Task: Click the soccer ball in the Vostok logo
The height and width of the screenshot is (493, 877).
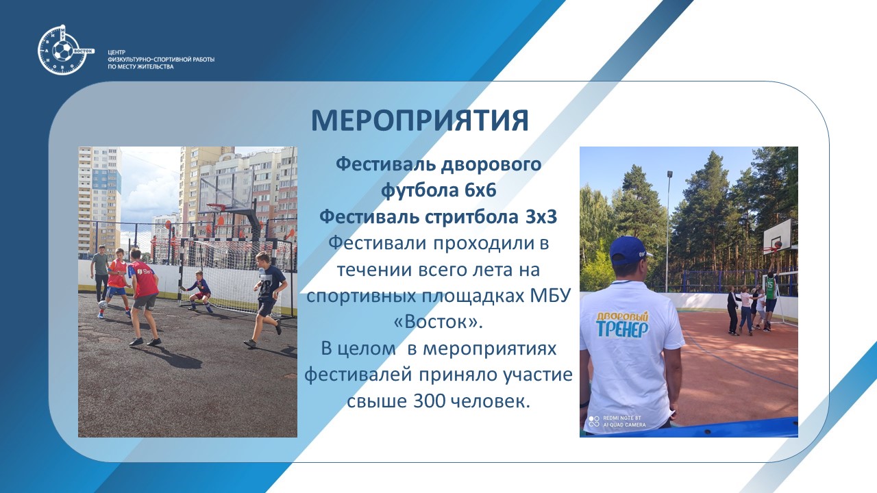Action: point(62,51)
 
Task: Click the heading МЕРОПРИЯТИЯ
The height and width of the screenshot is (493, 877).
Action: point(420,121)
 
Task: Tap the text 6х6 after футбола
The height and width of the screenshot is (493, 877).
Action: point(480,190)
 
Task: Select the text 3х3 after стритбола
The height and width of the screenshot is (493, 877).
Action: point(541,217)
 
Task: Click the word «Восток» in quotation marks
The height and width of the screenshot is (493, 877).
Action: point(438,322)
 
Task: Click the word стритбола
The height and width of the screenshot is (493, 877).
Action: point(472,217)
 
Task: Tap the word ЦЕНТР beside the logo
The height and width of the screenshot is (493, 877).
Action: point(116,53)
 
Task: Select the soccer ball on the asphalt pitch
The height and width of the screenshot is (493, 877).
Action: point(103,305)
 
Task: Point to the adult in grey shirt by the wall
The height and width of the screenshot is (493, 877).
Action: point(100,273)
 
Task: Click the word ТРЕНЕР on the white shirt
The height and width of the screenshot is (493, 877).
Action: point(622,330)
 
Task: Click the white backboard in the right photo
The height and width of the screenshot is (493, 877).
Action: point(777,236)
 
